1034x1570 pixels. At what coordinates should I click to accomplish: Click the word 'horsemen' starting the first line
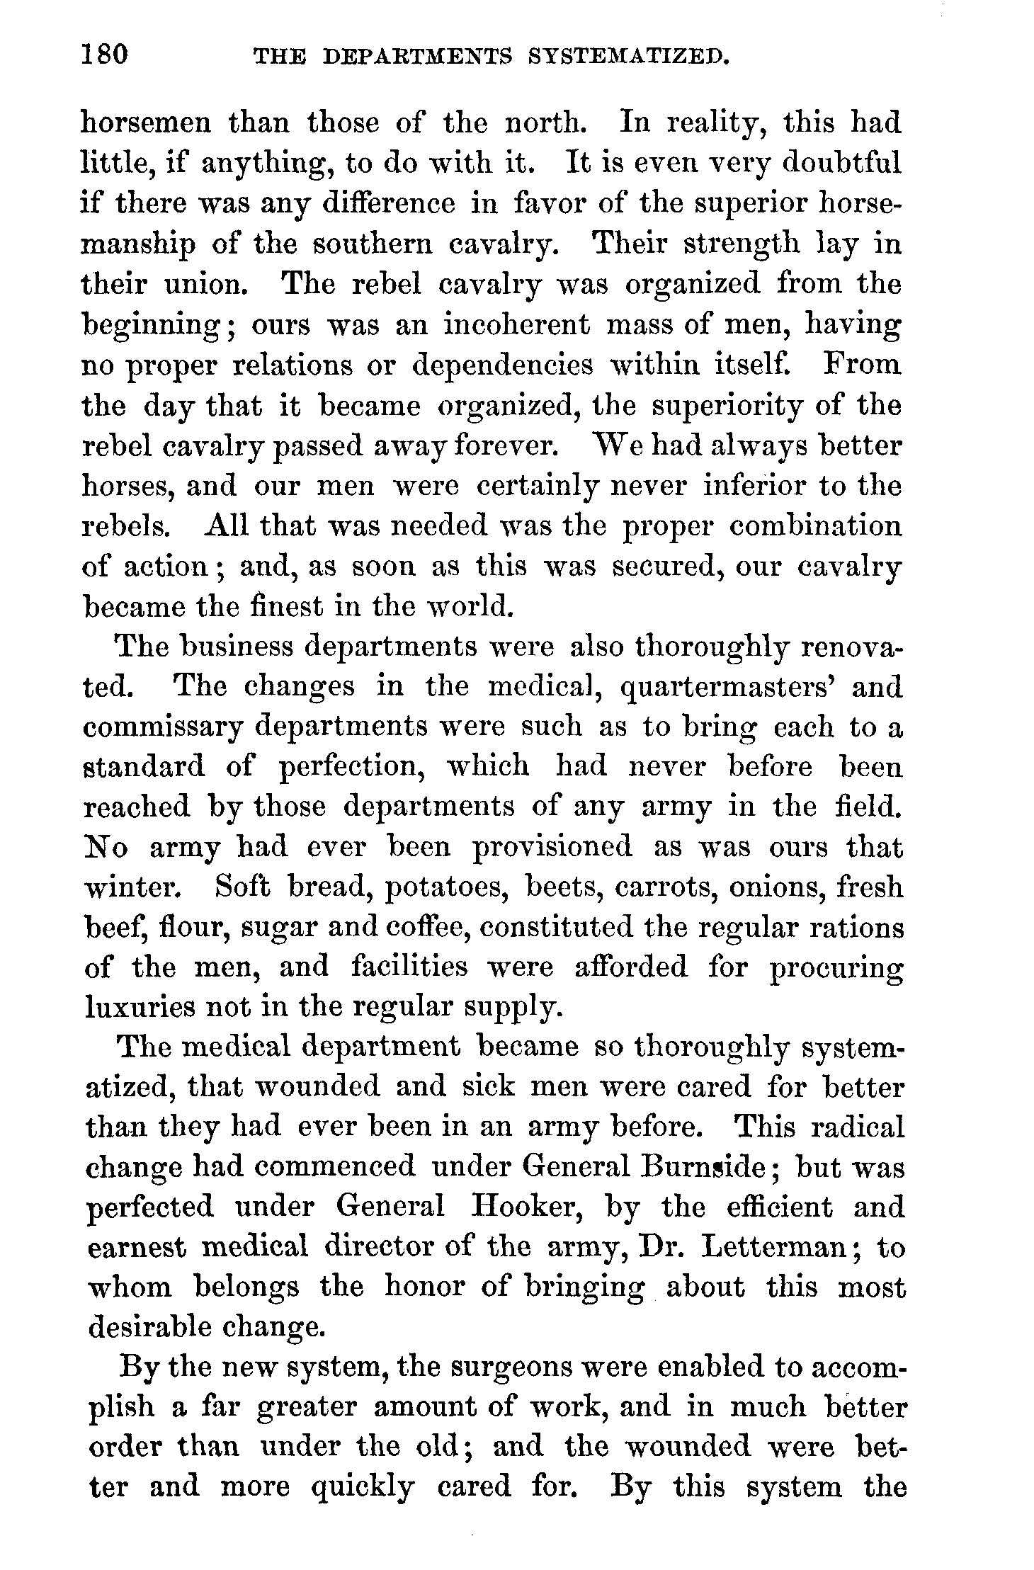[x=147, y=124]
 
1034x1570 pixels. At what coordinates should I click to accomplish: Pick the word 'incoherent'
[x=517, y=325]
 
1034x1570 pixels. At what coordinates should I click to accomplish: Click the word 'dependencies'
[x=503, y=365]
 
